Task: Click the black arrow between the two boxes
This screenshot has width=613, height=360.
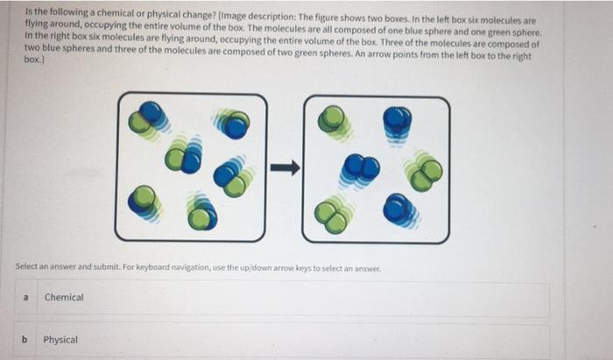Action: (x=285, y=167)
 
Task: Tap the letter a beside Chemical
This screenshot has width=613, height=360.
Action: (x=25, y=298)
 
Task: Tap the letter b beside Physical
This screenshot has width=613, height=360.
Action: (x=25, y=339)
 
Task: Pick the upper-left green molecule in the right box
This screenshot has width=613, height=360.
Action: (x=334, y=122)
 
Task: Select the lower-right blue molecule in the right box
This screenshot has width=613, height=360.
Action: (x=399, y=210)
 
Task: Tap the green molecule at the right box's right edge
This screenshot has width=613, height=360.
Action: (x=424, y=171)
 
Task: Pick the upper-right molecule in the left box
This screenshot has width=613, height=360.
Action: (x=232, y=124)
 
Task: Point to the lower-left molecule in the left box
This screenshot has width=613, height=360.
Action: (x=144, y=203)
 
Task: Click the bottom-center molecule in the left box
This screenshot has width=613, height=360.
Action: (x=201, y=211)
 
